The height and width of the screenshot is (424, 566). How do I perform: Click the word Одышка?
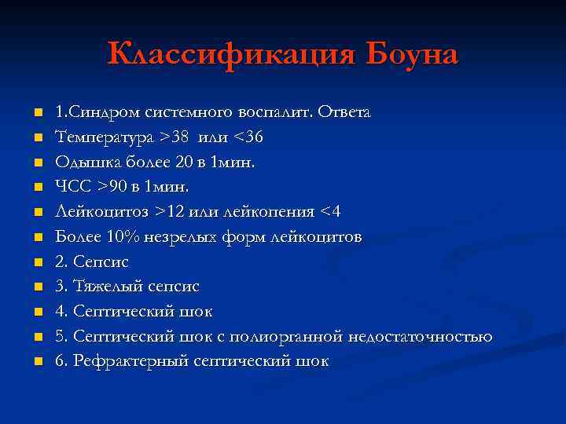coord(85,163)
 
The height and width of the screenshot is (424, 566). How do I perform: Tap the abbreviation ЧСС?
coord(72,187)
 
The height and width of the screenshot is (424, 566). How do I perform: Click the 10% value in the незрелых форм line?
coord(118,237)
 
